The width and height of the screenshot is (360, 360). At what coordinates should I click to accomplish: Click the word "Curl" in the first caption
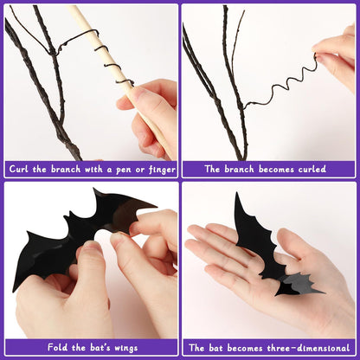pos(22,169)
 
